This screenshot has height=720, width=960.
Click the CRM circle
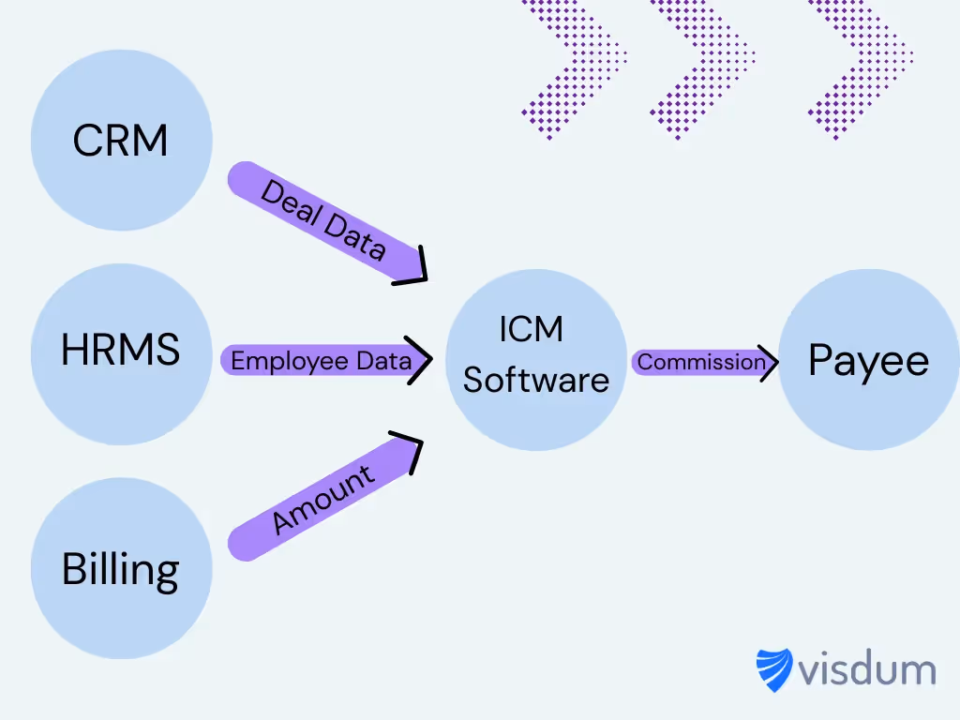[x=121, y=142]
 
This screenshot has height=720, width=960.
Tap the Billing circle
[x=121, y=568]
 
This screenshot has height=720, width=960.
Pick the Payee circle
[x=868, y=361]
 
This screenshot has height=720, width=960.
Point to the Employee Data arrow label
[x=321, y=361]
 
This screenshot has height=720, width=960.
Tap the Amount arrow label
[x=323, y=500]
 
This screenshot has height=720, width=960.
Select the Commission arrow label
[x=701, y=362]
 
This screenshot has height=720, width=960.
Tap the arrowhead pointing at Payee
[x=769, y=362]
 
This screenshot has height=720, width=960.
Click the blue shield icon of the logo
[x=774, y=670]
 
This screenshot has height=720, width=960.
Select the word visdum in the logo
[x=867, y=670]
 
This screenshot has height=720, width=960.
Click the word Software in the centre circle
[x=535, y=380]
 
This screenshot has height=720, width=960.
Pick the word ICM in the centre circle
[x=531, y=330]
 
